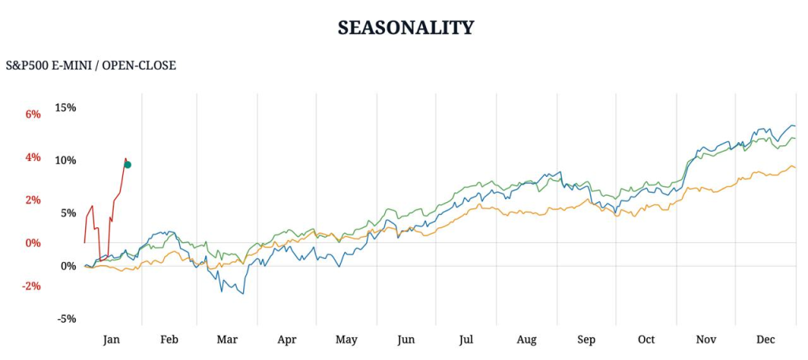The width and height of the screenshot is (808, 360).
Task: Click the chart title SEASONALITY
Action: tap(406, 28)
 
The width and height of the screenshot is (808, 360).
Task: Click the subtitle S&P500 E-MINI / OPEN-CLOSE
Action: tap(91, 65)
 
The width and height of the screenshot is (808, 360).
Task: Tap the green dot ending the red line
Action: tap(127, 164)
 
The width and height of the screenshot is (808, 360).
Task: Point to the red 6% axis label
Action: tap(32, 114)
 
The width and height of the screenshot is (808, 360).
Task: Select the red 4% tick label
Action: tap(32, 157)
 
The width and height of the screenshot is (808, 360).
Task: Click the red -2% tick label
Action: tap(31, 286)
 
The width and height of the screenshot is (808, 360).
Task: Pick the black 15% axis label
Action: tap(65, 107)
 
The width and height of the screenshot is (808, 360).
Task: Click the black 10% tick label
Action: tap(65, 160)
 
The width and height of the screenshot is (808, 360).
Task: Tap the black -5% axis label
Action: tap(65, 319)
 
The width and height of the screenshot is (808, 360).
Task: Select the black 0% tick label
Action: tap(68, 266)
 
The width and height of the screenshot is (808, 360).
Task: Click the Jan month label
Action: tap(111, 339)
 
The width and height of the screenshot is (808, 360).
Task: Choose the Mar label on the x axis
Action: tap(227, 339)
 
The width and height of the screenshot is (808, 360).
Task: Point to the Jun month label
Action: tap(406, 339)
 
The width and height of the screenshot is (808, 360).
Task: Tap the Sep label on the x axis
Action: tap(586, 339)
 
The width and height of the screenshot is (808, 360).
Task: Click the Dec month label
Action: tap(765, 339)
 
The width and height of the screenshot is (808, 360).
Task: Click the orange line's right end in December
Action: tap(795, 167)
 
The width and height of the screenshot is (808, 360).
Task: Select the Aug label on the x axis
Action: tap(526, 339)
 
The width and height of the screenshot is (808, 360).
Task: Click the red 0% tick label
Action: tap(32, 242)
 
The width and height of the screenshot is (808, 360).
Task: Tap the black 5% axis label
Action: tap(68, 213)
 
